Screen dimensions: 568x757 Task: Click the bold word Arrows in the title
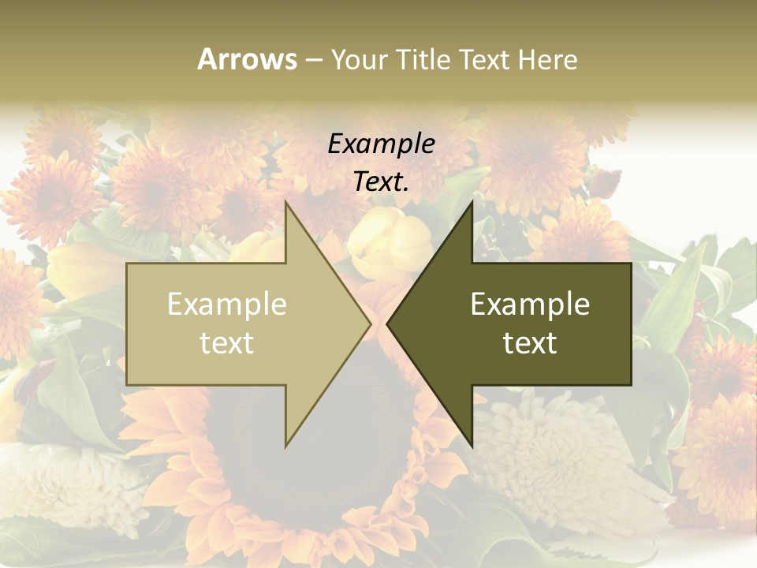(x=248, y=59)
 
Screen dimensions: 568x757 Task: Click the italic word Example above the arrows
(x=381, y=144)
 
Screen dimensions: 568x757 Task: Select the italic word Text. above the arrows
(x=381, y=182)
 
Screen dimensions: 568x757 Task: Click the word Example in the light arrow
(x=227, y=305)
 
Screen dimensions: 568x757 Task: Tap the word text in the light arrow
(x=227, y=343)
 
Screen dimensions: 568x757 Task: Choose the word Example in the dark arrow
(x=530, y=305)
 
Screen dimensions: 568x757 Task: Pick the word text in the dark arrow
(x=530, y=343)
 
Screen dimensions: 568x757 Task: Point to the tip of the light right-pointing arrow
(x=369, y=323)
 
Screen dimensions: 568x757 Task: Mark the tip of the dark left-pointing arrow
(x=389, y=323)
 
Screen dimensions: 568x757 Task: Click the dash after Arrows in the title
(x=313, y=61)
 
